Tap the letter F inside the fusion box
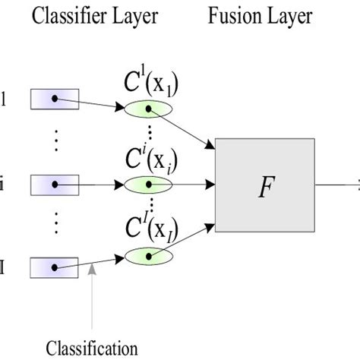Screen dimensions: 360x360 pyautogui.click(x=264, y=187)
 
